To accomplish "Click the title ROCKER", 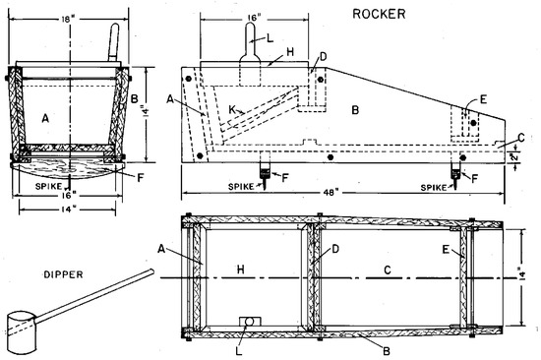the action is [x=379, y=14].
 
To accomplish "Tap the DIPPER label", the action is [x=64, y=274].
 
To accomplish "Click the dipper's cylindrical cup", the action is [x=22, y=332].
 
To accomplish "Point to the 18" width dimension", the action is [x=68, y=19].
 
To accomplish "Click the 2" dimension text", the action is [x=514, y=157].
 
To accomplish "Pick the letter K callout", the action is [x=232, y=109].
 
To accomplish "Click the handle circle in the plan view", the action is [x=249, y=322].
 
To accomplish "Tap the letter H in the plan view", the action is [x=241, y=270].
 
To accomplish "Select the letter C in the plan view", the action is [x=388, y=270].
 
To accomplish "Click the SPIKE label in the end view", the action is [x=48, y=186].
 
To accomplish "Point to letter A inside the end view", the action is [x=45, y=118].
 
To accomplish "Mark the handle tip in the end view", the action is [x=116, y=26].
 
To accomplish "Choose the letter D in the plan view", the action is [x=335, y=249].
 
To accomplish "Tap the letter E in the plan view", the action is [x=446, y=249].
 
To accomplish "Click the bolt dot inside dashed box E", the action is [x=474, y=123].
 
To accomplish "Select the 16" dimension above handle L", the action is [x=254, y=18].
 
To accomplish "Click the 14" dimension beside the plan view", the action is [x=522, y=275].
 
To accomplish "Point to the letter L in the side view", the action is [x=270, y=38].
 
